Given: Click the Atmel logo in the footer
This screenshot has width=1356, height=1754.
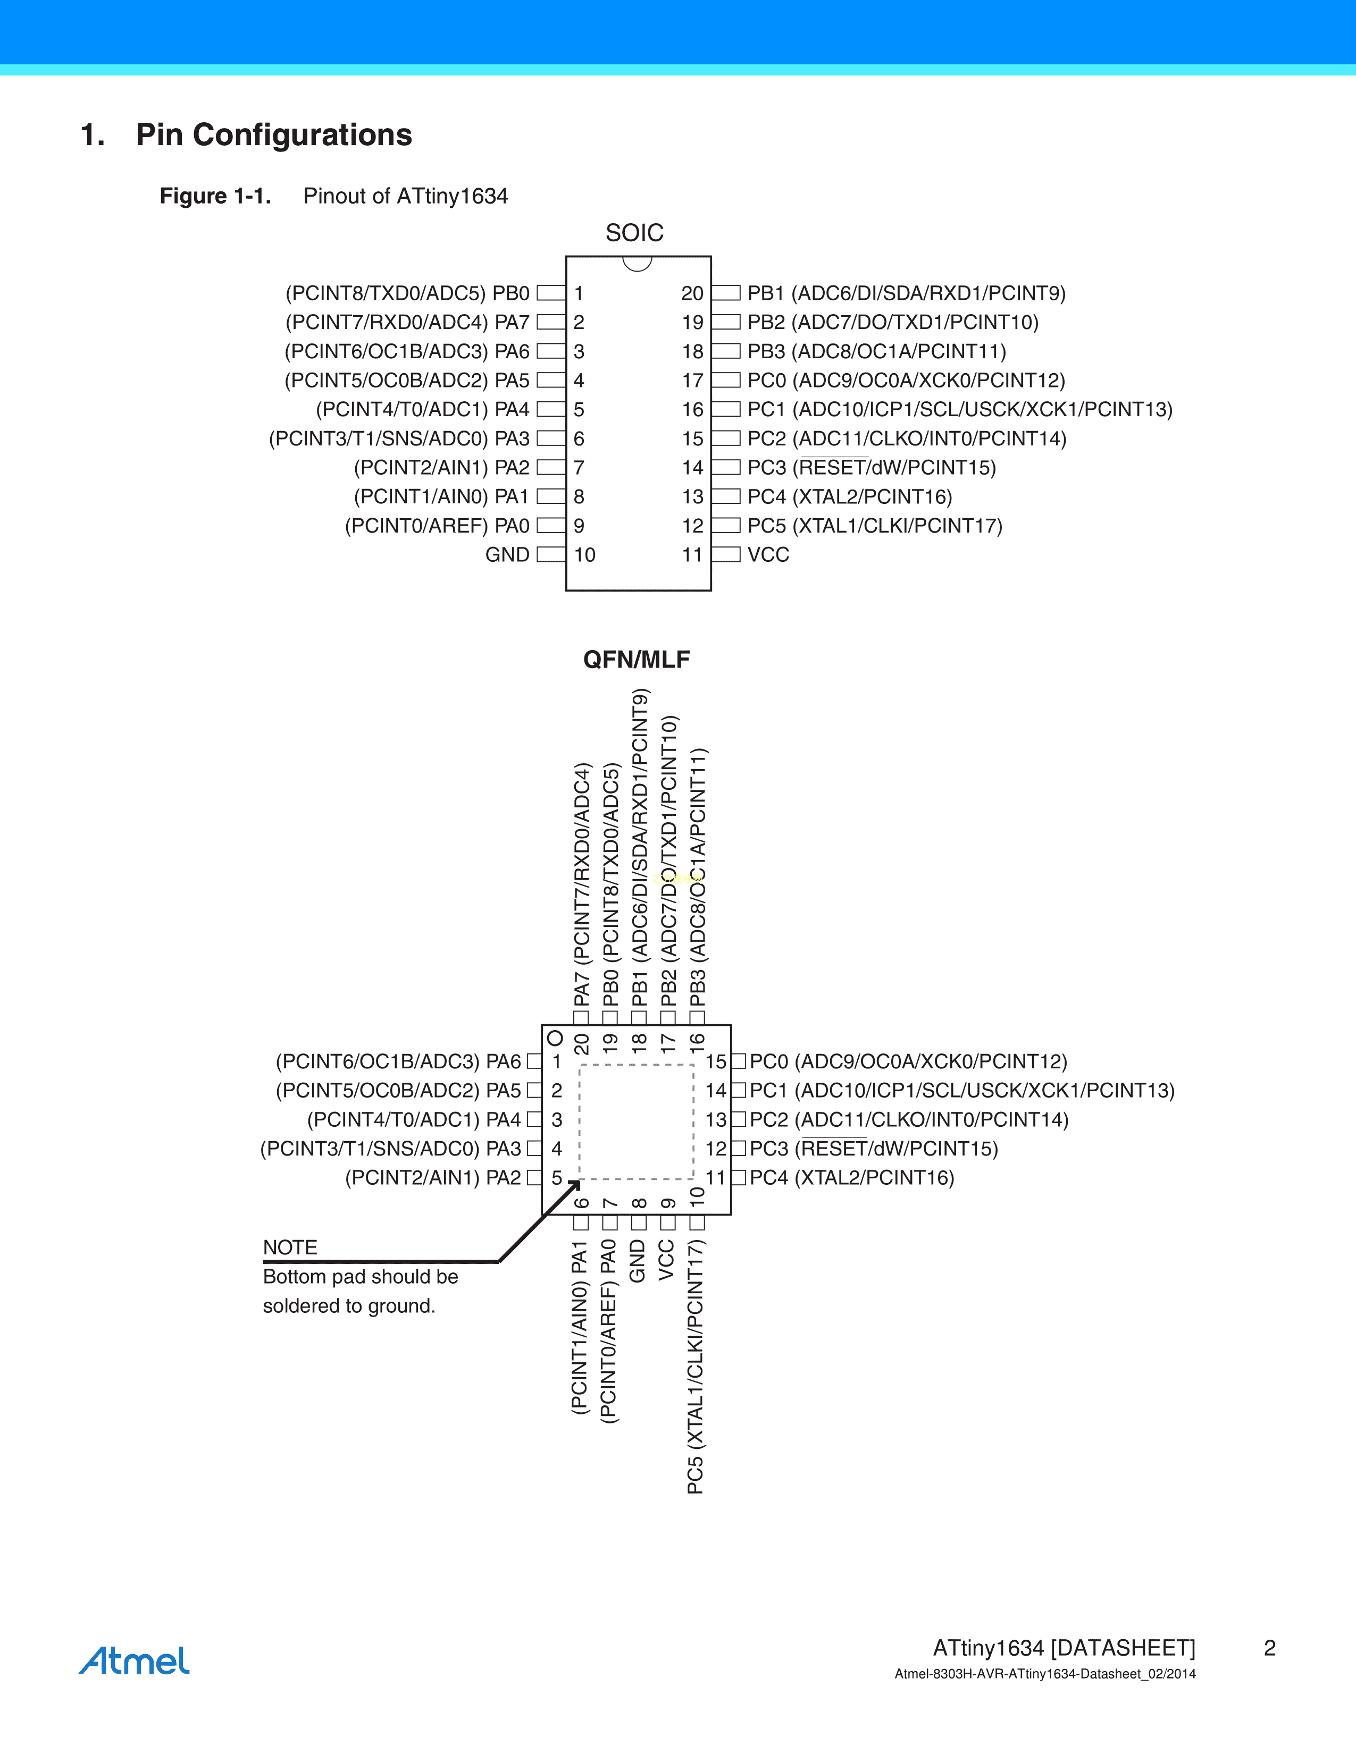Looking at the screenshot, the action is [134, 1660].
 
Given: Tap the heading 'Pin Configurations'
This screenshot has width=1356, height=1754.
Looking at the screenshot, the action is [274, 135].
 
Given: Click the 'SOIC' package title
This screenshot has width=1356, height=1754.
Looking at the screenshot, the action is [634, 233].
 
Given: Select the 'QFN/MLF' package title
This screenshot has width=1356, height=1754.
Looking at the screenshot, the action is [636, 660].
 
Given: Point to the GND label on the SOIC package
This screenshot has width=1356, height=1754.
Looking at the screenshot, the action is [508, 555].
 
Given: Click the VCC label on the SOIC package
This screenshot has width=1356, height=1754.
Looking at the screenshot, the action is [768, 555].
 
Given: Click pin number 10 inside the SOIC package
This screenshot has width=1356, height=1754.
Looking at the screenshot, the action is [585, 555].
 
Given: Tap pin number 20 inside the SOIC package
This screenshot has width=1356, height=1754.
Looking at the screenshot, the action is [692, 293].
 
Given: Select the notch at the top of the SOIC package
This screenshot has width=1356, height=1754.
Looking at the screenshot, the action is [637, 264].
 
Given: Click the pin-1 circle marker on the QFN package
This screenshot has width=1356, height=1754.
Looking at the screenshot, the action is [554, 1039].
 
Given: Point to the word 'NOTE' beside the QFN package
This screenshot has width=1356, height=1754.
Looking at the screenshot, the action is [290, 1247].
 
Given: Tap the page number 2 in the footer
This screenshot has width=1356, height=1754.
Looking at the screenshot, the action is [1270, 1648].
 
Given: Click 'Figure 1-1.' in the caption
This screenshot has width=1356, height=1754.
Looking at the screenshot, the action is [215, 196].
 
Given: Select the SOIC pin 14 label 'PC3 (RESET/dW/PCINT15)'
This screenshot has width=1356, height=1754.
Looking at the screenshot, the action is [872, 467].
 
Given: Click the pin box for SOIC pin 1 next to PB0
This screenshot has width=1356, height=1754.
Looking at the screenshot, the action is [551, 293].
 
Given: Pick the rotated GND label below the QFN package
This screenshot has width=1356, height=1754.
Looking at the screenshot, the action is [637, 1261].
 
